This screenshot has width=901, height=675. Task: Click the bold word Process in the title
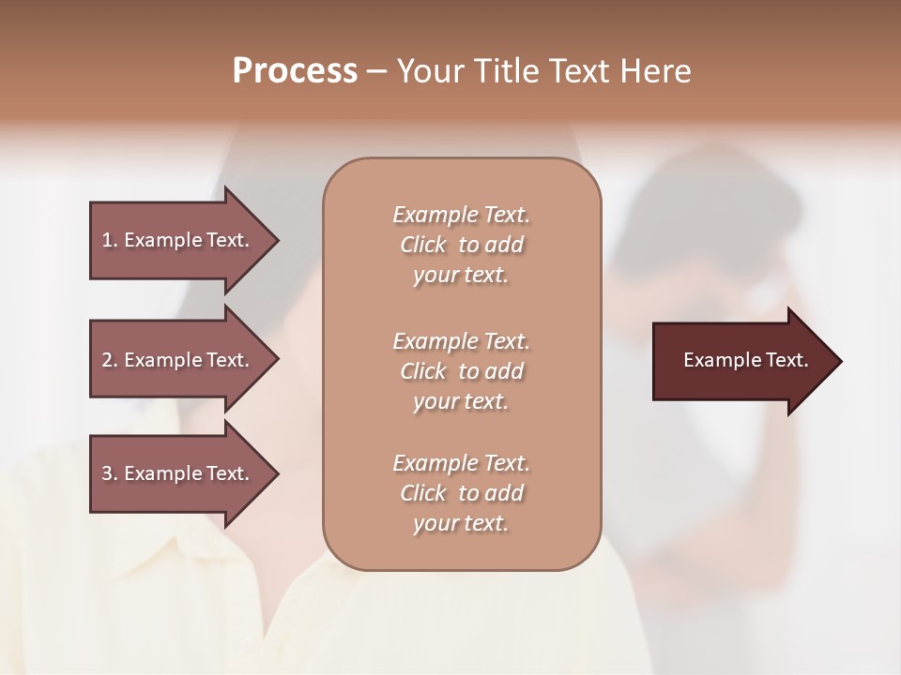coord(295,71)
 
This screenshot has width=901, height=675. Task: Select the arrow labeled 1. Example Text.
coord(178,240)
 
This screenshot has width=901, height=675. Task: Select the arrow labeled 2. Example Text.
coord(178,360)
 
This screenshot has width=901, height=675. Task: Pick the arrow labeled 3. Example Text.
coord(178,473)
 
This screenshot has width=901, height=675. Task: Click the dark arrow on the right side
coord(741,360)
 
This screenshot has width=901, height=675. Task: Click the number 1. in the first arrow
coord(110,240)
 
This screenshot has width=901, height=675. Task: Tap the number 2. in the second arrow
coord(110,360)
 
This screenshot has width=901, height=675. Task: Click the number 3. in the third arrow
coord(110,473)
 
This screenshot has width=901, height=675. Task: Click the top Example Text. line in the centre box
coord(461,215)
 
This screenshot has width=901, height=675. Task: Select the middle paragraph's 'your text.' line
coord(461,401)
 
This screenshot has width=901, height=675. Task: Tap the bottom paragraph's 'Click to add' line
coord(461,493)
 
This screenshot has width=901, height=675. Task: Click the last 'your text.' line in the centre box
coord(461,523)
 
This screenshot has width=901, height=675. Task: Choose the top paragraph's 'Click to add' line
coord(461,245)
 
